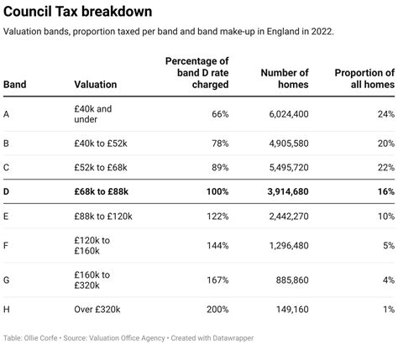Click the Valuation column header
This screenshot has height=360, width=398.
[95, 85]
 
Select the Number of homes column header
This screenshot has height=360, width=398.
[284, 78]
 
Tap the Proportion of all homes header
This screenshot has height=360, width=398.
[364, 78]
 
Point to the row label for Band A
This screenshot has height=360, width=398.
[8, 114]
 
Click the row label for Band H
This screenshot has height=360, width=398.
[8, 309]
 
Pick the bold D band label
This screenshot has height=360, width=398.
[8, 191]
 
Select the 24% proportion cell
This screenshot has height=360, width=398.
[385, 114]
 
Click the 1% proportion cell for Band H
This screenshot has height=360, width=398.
[387, 309]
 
